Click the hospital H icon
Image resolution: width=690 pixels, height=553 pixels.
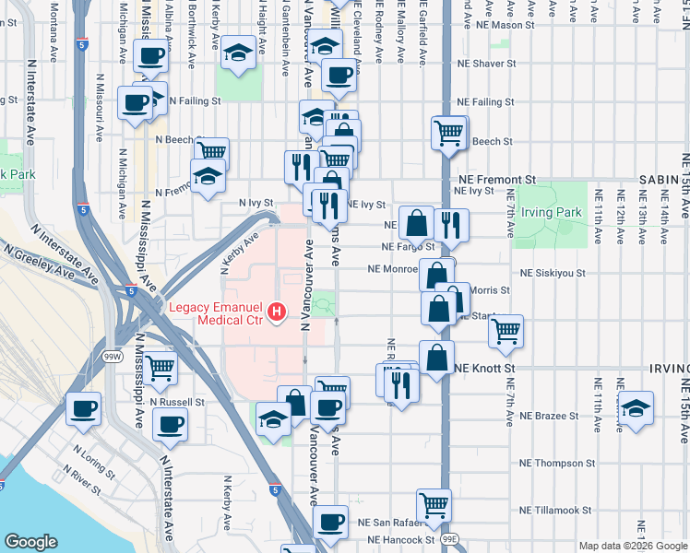tap(276, 314)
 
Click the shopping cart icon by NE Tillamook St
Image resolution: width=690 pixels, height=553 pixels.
tap(434, 504)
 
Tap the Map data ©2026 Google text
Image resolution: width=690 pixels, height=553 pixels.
tap(632, 546)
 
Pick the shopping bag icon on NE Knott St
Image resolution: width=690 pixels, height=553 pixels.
tap(436, 356)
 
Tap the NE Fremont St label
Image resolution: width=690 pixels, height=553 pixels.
tap(496, 179)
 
